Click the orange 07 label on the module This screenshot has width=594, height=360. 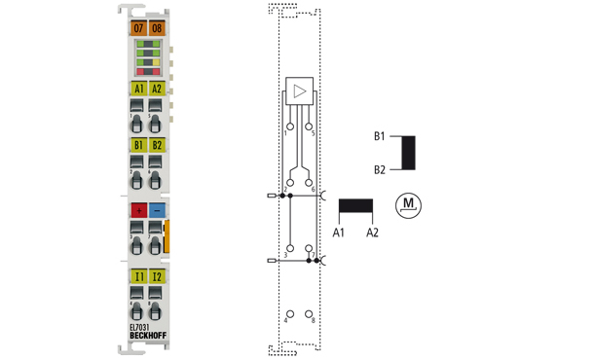[x=138, y=28]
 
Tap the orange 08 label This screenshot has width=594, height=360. [x=157, y=28]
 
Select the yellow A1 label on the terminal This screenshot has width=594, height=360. [x=138, y=89]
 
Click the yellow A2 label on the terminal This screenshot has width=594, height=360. [x=157, y=89]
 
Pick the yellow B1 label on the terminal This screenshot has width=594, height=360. [x=138, y=145]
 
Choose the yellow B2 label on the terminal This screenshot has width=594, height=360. [x=157, y=145]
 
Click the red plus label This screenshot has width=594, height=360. [x=138, y=210]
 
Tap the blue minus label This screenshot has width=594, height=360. [x=157, y=210]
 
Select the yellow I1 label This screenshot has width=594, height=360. [x=138, y=276]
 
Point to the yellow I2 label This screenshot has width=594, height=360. [x=157, y=276]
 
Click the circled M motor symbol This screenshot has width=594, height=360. [x=410, y=204]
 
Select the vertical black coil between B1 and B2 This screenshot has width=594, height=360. [x=409, y=153]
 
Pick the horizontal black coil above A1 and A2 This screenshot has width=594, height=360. [x=355, y=206]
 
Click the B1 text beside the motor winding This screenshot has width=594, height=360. [x=379, y=136]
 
